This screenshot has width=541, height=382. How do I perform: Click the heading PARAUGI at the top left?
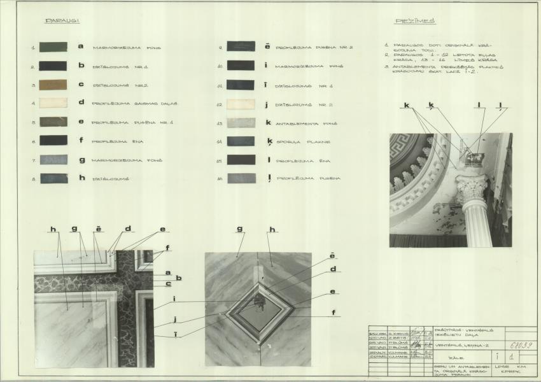(x=62, y=21)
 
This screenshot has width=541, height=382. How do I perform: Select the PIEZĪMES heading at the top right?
(x=415, y=21)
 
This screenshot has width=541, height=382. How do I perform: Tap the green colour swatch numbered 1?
(x=53, y=46)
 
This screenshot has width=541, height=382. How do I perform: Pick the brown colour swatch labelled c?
(x=53, y=84)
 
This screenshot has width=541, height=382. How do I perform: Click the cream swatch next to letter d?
(x=53, y=103)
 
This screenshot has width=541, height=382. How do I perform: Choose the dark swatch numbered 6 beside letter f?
(x=53, y=140)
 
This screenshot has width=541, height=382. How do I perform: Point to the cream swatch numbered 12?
(x=241, y=103)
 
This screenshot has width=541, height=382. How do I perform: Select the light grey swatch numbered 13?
(x=241, y=122)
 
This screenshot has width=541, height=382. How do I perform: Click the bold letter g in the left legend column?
(x=81, y=160)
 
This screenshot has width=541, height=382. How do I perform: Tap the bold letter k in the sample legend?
(x=269, y=122)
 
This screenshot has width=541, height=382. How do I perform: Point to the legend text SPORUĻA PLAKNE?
(x=302, y=141)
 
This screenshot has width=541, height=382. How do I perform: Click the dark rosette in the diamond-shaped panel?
(x=259, y=301)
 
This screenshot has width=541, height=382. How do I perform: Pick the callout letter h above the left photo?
(x=53, y=229)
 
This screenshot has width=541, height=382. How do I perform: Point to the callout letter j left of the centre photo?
(x=175, y=320)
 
